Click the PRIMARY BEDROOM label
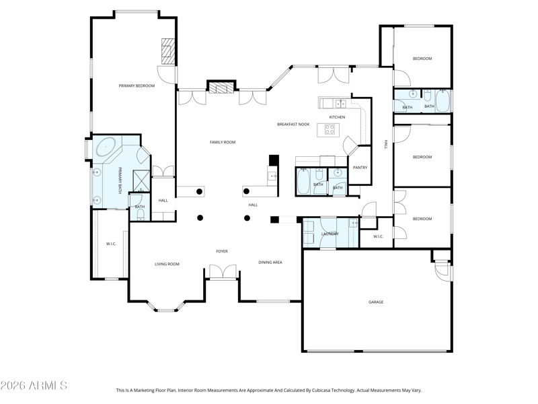pos(137,86)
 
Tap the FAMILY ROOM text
pos(222,142)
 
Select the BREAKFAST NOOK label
pos(293,124)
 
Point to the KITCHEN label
pos(337,117)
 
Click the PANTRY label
pos(360,167)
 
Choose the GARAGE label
pos(375,302)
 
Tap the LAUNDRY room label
pos(330,234)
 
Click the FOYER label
pos(221,251)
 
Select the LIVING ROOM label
pos(167,264)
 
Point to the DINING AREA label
pos(270,262)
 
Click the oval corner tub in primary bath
pos(107,147)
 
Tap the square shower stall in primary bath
pos(142,179)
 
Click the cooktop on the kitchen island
pos(330,129)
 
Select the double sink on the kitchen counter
pos(340,104)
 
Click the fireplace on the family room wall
pos(221,87)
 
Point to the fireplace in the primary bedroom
pos(167,50)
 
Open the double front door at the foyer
pos(221,272)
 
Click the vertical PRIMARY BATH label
pos(120,180)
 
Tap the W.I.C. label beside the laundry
pos(377,236)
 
